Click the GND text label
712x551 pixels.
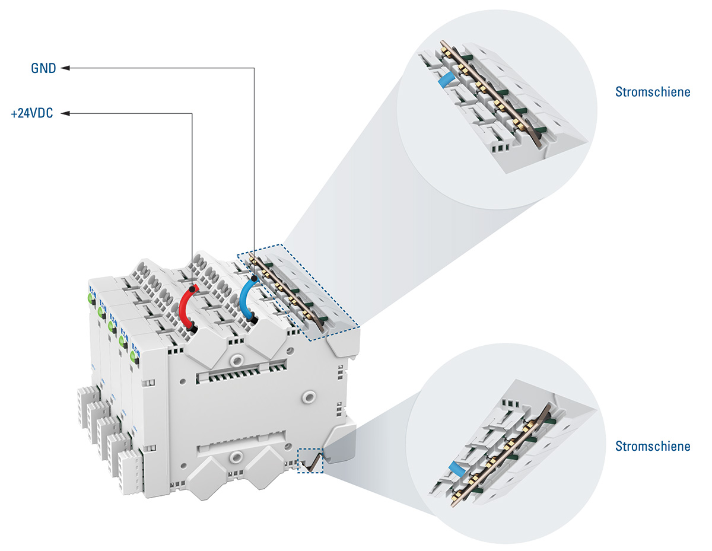click(43, 68)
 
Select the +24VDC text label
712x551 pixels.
click(32, 113)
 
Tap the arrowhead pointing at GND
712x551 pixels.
click(66, 68)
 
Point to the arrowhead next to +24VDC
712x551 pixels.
click(66, 113)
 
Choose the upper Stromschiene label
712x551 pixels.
click(653, 92)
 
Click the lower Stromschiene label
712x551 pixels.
click(653, 446)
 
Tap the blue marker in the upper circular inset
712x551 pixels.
click(445, 79)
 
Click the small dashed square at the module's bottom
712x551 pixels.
click(311, 461)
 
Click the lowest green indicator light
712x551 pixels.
click(134, 356)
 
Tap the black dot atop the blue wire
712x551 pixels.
click(255, 278)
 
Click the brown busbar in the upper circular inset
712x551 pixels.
click(492, 95)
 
